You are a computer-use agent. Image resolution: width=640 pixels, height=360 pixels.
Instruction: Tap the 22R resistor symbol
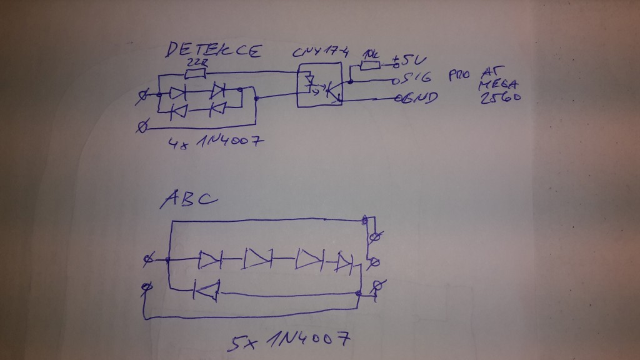196,74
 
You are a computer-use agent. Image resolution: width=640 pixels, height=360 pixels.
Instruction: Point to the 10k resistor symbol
371,64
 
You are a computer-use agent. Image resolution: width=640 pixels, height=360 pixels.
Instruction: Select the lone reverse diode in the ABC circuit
207,289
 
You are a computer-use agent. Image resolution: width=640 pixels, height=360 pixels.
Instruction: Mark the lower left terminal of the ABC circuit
147,286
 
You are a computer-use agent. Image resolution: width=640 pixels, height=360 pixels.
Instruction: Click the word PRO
459,76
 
